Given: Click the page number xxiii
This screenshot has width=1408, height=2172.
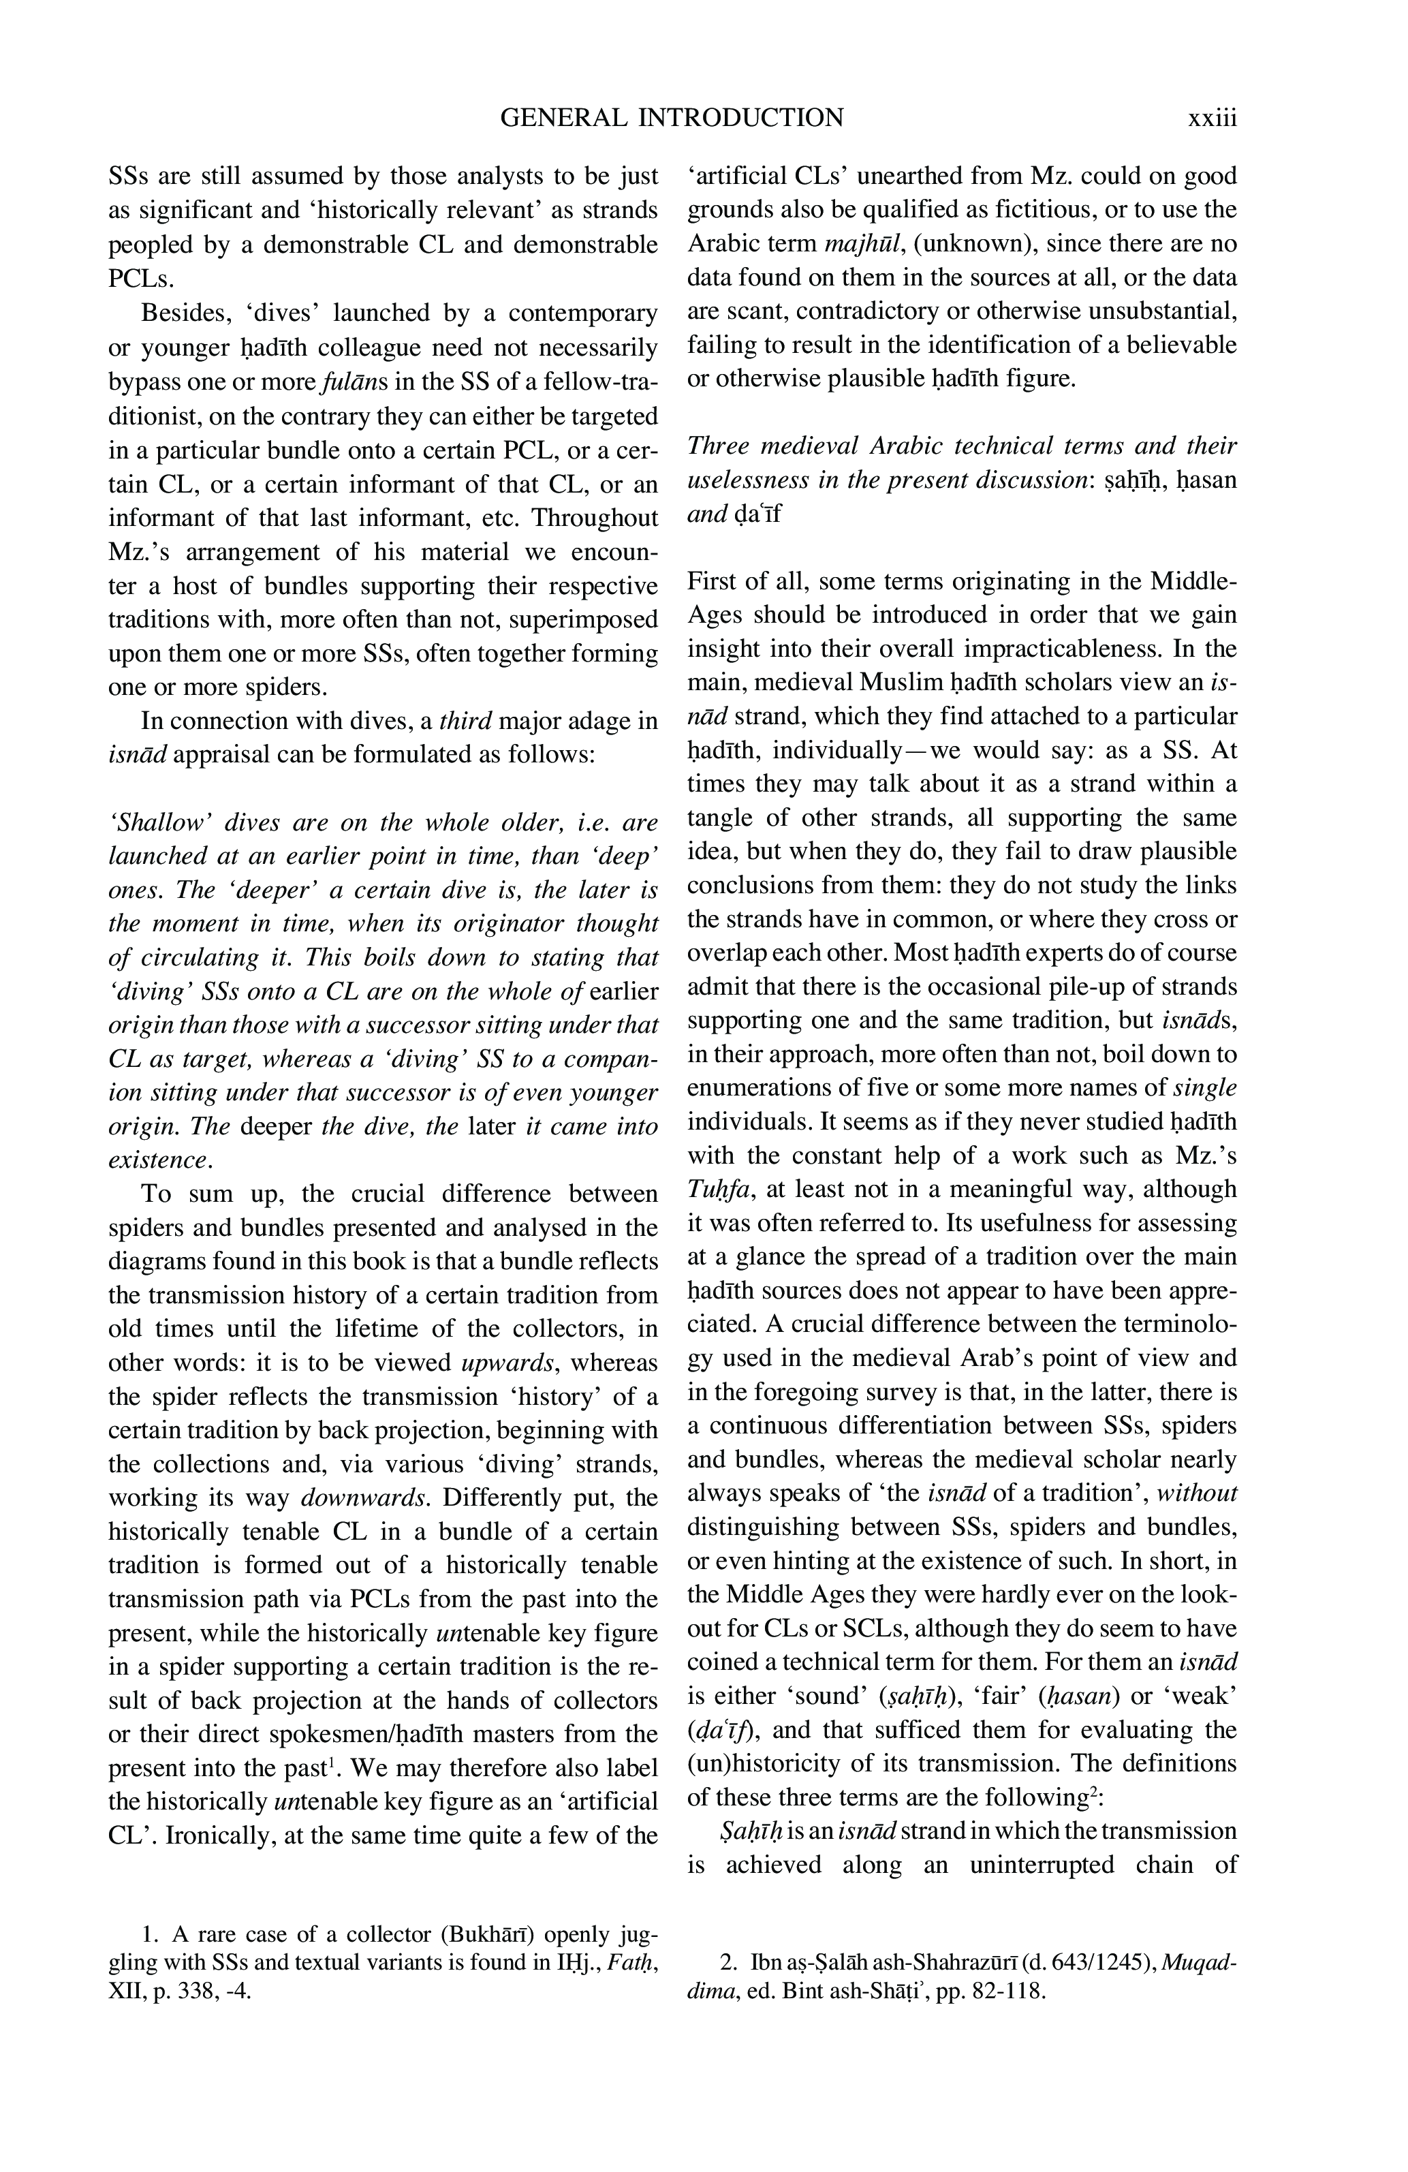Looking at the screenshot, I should [1211, 118].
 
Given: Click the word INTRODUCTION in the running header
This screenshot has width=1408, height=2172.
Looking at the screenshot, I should [740, 118].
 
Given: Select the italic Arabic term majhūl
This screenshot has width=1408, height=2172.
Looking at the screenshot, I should [860, 244].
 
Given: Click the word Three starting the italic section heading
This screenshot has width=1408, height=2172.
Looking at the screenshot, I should [717, 446].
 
